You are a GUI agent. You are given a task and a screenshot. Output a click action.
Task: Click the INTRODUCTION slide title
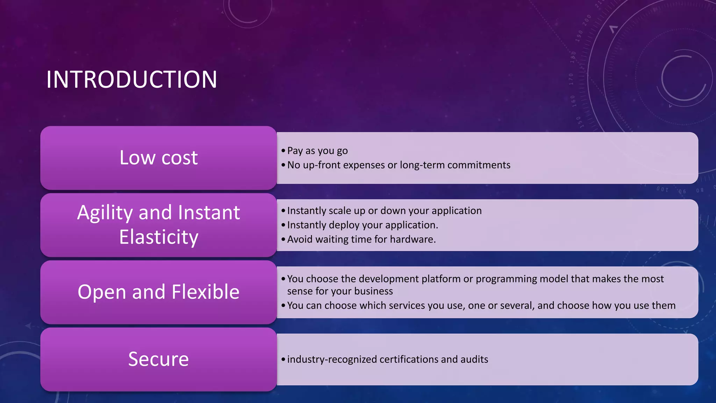pos(131,80)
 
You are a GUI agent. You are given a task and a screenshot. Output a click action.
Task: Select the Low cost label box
pos(158,158)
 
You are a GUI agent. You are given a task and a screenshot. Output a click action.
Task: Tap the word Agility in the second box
pos(105,213)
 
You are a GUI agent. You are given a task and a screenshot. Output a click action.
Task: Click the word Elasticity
pos(158,237)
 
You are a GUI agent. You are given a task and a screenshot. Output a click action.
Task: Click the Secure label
pos(158,359)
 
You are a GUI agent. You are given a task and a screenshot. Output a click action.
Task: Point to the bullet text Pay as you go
pos(317,151)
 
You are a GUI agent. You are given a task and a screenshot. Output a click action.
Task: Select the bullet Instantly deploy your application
pos(362,225)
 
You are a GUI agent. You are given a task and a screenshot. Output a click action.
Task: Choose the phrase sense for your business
pos(340,291)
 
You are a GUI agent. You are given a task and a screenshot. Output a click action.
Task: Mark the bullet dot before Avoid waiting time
pos(283,240)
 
